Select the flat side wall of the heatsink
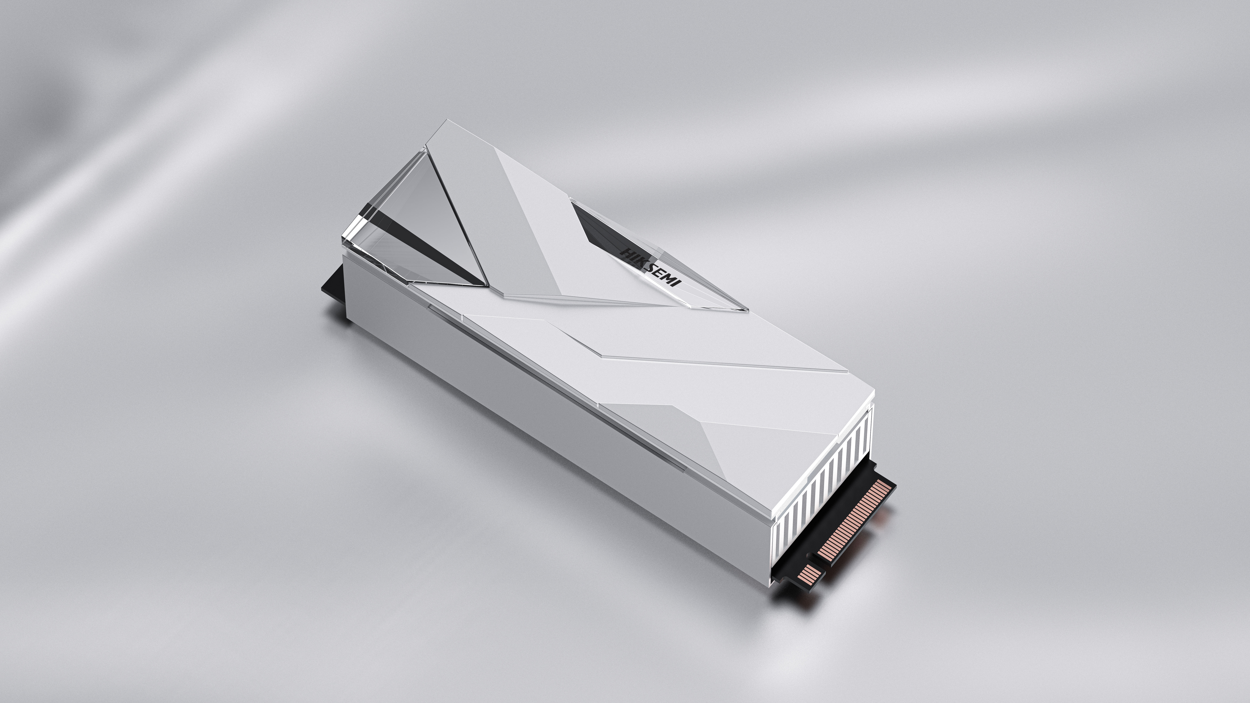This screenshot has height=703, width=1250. point(534,437)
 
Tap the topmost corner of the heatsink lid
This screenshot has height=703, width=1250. point(444,121)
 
